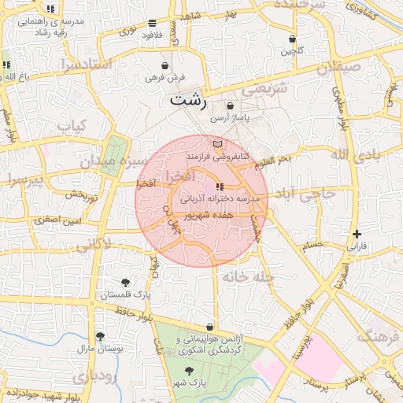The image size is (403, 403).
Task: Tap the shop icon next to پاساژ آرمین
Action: (230, 105)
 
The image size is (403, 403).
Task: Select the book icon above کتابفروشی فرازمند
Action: (218, 144)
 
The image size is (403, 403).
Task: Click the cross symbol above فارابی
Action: (357, 234)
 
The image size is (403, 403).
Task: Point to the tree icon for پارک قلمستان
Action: (125, 283)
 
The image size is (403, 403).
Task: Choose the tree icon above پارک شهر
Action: (188, 371)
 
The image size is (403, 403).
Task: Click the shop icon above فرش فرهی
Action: (165, 66)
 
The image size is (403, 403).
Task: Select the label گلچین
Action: (292, 51)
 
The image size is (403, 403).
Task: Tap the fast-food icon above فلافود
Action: (152, 23)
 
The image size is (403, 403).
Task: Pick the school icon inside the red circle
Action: (220, 187)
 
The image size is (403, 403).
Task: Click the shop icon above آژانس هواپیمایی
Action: (209, 327)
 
